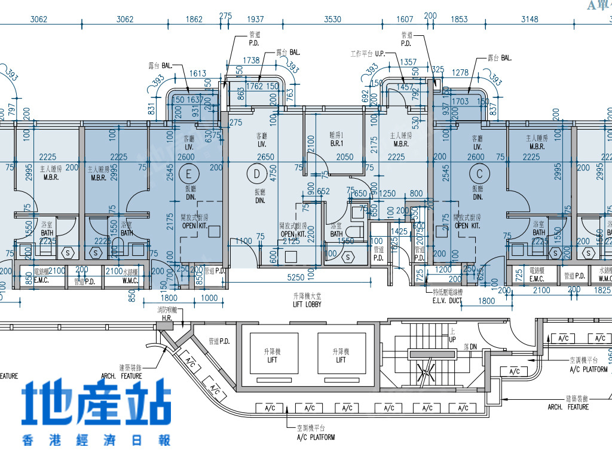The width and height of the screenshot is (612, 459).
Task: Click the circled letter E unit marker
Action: coord(189,174)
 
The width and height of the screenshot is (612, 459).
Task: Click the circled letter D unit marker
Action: coord(257,174)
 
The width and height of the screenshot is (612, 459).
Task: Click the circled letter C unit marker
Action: coord(479,174)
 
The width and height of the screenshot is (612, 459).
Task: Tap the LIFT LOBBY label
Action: coord(307,301)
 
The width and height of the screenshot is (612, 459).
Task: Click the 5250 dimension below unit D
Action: coord(296,278)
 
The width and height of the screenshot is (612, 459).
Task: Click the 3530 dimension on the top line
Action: coord(332,20)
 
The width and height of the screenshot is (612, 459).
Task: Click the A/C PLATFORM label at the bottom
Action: coord(316,433)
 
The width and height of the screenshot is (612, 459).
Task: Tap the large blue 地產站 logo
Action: coord(96,404)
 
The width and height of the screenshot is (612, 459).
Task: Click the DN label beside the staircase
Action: coord(470,347)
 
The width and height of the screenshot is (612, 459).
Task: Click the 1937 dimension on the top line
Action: coord(255,20)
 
